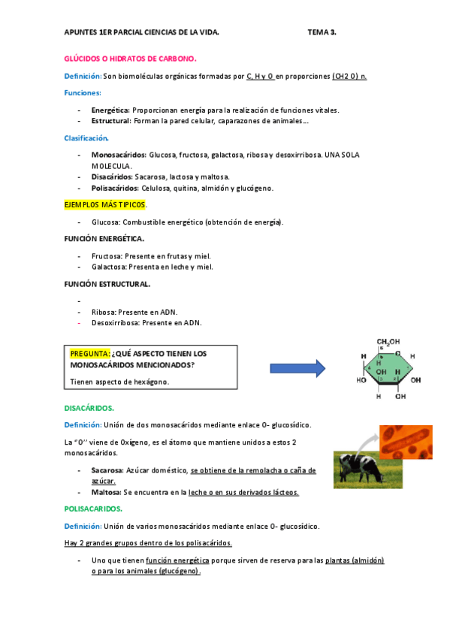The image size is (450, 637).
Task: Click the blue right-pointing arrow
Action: tap(297, 367)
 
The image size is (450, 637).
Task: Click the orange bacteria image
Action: tap(406, 442)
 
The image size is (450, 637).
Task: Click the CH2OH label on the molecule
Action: tap(388, 341)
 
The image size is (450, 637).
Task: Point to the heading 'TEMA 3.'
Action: tap(322, 33)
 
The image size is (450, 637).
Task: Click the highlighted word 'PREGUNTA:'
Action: tap(90, 353)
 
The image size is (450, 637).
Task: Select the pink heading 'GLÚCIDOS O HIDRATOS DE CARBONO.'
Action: tap(131, 58)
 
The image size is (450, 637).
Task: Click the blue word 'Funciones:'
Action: tap(83, 92)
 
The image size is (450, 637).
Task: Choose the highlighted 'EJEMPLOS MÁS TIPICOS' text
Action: tap(105, 204)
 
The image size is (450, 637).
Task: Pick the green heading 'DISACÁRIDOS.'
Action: tap(89, 408)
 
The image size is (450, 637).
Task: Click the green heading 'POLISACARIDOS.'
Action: tap(94, 509)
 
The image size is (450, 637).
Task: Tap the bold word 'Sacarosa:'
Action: tap(107, 470)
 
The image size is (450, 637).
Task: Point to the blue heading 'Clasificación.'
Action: tap(86, 137)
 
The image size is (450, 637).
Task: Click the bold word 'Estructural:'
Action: tap(112, 120)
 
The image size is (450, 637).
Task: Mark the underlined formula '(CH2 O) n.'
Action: tap(349, 77)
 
